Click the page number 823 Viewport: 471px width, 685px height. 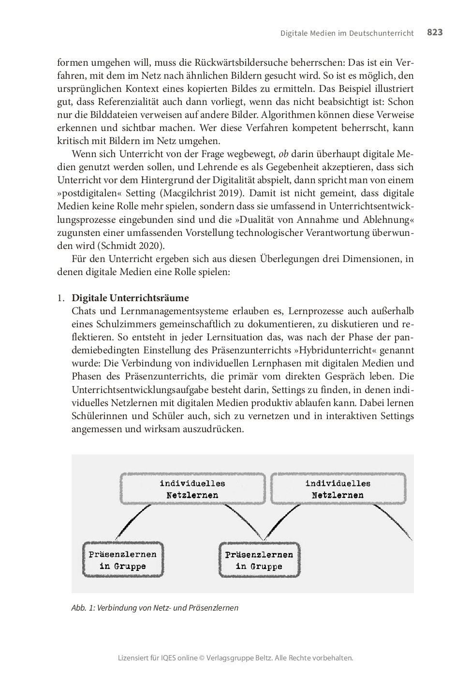click(x=434, y=32)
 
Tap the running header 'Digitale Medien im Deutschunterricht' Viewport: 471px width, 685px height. click(x=347, y=33)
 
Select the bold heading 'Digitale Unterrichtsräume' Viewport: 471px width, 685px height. click(x=130, y=298)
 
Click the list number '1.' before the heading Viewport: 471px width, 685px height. click(x=61, y=298)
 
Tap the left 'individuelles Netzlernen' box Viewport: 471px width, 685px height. click(x=192, y=489)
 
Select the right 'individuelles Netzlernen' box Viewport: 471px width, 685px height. click(x=338, y=489)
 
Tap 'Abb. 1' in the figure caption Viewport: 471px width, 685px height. click(x=82, y=608)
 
